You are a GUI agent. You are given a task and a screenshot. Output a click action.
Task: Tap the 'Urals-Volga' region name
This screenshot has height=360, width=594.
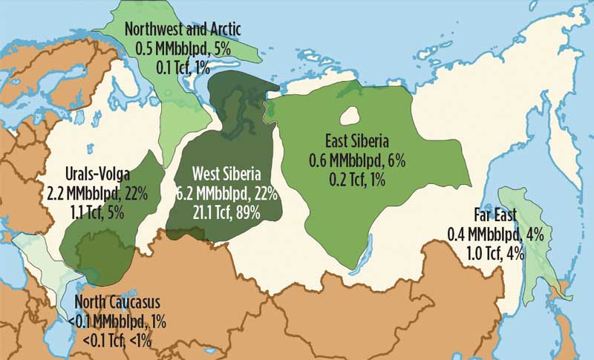point(97,175)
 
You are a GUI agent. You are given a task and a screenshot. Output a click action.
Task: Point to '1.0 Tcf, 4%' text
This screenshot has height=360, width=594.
point(496,252)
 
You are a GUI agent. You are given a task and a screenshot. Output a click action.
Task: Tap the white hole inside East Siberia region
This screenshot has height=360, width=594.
point(350,116)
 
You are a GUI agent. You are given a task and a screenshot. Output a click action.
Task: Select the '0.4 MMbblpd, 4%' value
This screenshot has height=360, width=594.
point(496,235)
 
